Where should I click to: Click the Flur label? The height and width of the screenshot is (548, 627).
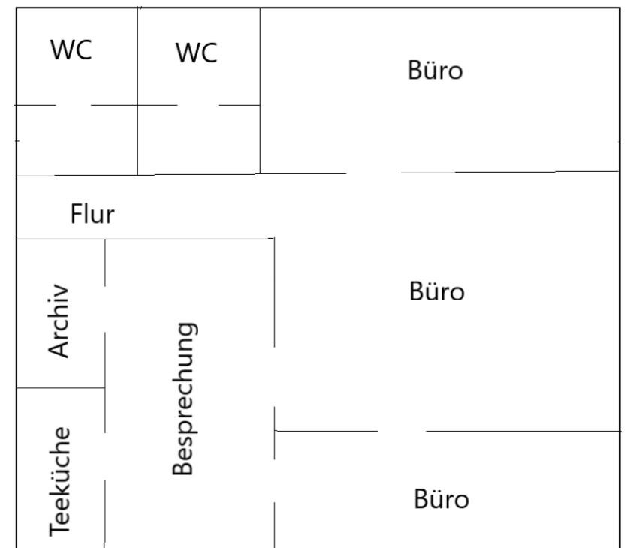click(x=92, y=215)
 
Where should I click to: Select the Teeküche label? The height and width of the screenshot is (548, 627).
click(x=62, y=481)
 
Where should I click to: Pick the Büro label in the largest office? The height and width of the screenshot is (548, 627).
click(x=437, y=291)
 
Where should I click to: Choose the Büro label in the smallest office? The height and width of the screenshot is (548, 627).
click(x=442, y=499)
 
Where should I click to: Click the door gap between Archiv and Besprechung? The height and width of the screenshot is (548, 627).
click(x=105, y=309)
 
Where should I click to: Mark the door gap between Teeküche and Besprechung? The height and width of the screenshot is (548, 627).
click(x=105, y=456)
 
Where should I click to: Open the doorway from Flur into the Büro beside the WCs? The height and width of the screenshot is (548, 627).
click(x=374, y=173)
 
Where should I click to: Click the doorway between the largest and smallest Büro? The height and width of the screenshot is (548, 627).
click(x=402, y=432)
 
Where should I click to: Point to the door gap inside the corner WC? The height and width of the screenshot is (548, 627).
click(x=73, y=106)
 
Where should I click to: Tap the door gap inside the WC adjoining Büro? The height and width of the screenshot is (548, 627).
click(x=198, y=106)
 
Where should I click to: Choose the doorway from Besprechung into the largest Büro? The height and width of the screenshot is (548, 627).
click(x=274, y=377)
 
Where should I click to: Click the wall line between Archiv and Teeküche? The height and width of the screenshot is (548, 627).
click(x=61, y=388)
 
